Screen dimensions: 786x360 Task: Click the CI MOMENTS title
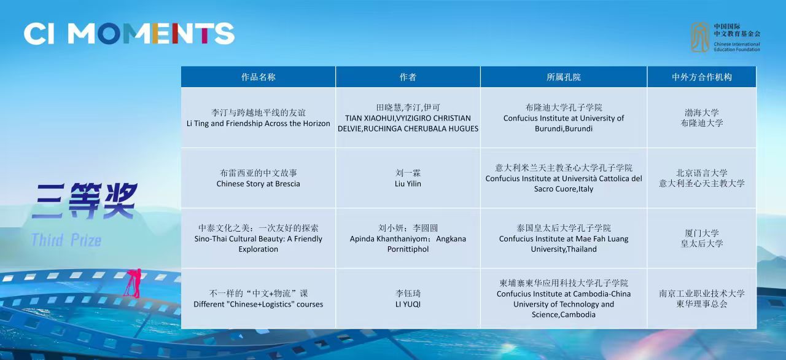point(129,34)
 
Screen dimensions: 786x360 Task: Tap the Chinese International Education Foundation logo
point(726,37)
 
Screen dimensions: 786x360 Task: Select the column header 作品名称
point(259,77)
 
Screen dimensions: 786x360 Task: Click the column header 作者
point(408,77)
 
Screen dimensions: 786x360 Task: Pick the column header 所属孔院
point(564,77)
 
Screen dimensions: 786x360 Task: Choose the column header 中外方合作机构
point(702,77)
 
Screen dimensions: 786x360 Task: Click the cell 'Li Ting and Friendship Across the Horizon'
point(259,118)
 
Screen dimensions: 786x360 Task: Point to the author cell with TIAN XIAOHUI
point(408,118)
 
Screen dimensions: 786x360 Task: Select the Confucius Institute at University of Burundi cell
point(564,118)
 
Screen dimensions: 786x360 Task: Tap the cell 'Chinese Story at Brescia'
point(259,178)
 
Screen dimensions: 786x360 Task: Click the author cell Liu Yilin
point(408,178)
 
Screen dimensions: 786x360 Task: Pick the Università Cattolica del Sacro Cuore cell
point(564,178)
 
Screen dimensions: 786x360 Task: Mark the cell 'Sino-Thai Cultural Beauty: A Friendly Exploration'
point(259,238)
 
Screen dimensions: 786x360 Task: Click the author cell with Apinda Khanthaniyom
point(408,238)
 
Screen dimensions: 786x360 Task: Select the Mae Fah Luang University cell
point(564,238)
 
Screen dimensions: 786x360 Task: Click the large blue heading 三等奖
point(84,201)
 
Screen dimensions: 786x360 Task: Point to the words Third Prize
point(66,240)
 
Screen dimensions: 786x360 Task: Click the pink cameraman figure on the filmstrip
point(133,283)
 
